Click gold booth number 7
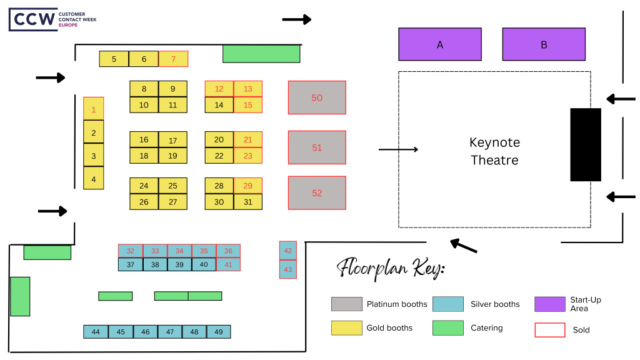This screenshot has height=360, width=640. tap(173, 59)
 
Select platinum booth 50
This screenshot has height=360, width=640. tap(317, 97)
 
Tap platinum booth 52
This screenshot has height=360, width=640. tap(317, 193)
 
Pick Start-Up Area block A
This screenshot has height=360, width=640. tap(440, 44)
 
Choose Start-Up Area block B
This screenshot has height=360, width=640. tap(544, 44)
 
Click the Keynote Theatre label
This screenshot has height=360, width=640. tap(494, 151)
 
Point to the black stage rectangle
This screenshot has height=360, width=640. tap(586, 144)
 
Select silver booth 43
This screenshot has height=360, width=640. tap(287, 269)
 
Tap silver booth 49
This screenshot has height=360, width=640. tap(219, 332)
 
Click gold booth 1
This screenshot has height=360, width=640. tap(94, 109)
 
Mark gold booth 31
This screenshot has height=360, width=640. tap(248, 202)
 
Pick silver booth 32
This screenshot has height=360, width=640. tap(131, 251)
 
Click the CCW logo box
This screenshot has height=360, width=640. tap(32, 19)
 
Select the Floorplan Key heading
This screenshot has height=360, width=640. tap(391, 269)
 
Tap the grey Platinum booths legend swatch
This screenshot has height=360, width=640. tap(346, 304)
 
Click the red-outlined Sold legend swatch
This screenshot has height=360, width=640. tap(550, 329)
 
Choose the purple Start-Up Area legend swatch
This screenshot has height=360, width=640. tap(550, 304)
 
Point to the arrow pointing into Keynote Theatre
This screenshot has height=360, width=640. tap(398, 149)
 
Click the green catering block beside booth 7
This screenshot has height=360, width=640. tap(261, 54)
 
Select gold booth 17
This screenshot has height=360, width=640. tap(173, 140)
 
